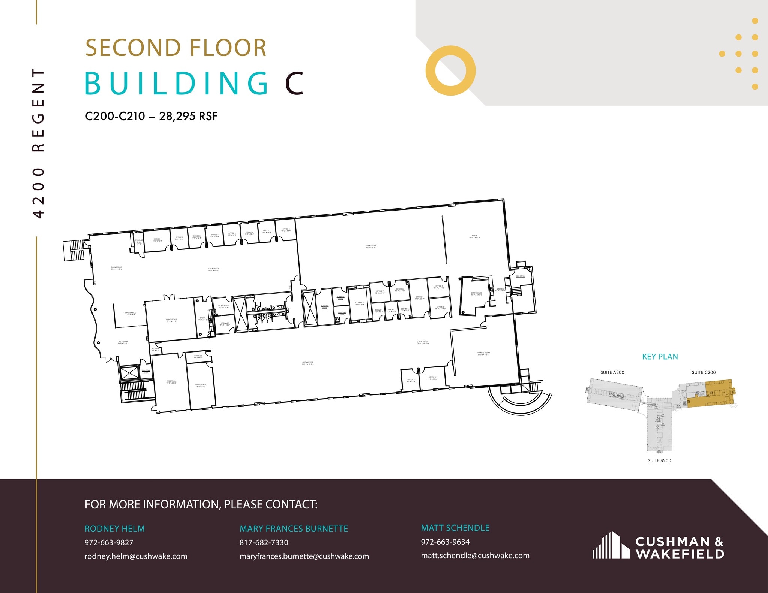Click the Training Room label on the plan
pos(483,353)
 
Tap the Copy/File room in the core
pos(359,304)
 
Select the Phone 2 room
pos(391,310)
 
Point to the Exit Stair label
pos(520,276)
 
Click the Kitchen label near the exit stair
pos(500,290)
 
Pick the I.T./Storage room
pos(223,306)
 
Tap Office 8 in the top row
pos(286,230)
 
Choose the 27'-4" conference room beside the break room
pos(171,320)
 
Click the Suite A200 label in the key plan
pos(612,372)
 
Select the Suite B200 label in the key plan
pos(659,460)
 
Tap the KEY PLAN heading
pos(660,357)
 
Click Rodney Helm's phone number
pos(109,542)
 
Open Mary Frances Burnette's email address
pos(304,556)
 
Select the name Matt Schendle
pos(455,528)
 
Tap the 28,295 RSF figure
pos(188,116)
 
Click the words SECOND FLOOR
pos(176,48)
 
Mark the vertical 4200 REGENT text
pos(39,142)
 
